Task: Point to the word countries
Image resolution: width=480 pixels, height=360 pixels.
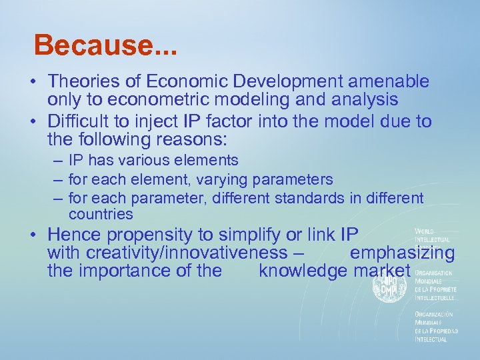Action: pyautogui.click(x=101, y=214)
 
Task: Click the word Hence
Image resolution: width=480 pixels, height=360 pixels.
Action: pyautogui.click(x=74, y=235)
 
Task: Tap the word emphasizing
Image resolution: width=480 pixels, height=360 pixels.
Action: pyautogui.click(x=402, y=253)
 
